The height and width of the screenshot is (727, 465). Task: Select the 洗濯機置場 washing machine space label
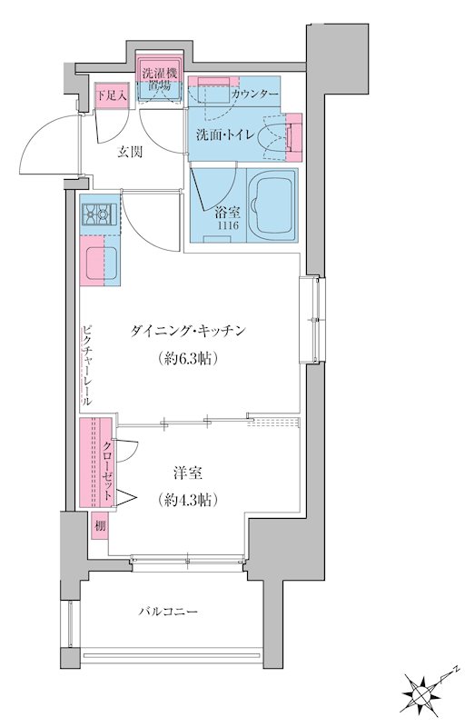[x=160, y=80]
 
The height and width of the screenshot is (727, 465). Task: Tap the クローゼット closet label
[x=107, y=465]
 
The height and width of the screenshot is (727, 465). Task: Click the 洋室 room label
[x=188, y=473]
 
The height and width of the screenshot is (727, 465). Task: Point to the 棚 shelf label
[x=98, y=526]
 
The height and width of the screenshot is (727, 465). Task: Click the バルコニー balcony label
[x=168, y=612]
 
